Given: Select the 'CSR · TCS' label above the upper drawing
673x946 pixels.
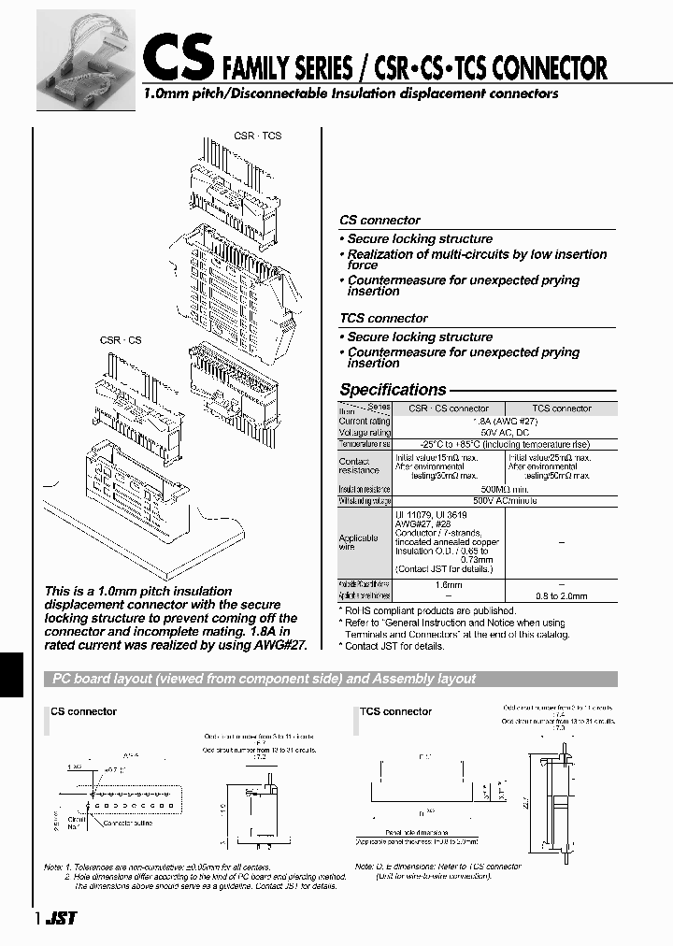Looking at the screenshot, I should click(257, 136).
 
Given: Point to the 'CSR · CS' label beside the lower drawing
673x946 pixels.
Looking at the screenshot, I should click(121, 340).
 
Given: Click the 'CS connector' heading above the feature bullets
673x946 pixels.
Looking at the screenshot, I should click(379, 221).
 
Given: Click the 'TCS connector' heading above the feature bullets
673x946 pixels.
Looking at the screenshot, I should click(383, 319).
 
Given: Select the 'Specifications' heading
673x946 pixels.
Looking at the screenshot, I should click(393, 390).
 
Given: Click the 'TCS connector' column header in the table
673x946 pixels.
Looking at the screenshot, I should click(561, 408).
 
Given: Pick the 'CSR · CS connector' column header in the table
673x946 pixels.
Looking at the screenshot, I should click(449, 408).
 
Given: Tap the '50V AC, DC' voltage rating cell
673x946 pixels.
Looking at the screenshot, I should click(505, 433).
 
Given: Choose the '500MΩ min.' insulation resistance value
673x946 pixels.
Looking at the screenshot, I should click(505, 489).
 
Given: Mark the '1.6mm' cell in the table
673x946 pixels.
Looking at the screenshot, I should click(449, 585).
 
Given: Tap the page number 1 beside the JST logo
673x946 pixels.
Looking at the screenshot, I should click(37, 919).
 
